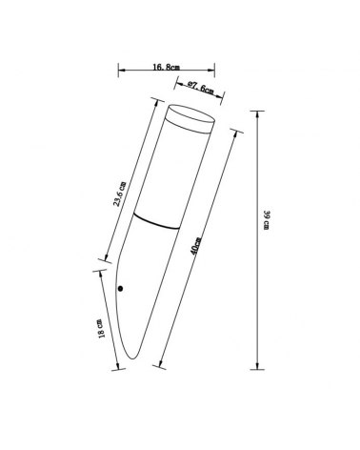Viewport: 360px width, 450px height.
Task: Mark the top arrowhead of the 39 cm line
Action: click(256, 111)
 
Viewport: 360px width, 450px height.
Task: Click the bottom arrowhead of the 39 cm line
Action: click(256, 365)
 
